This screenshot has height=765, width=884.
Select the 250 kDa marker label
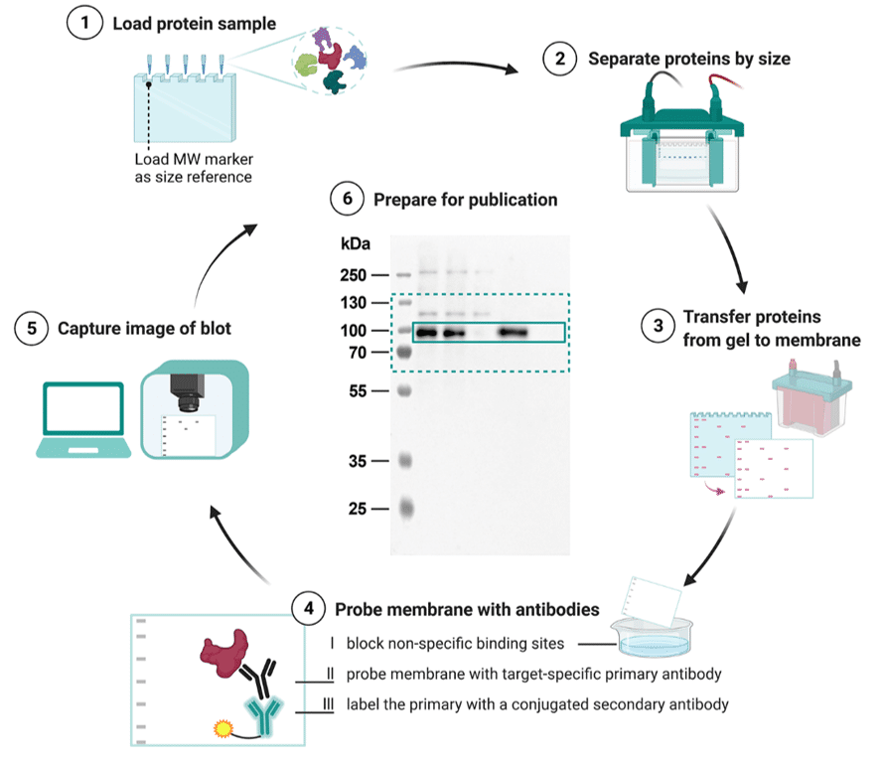click(x=354, y=275)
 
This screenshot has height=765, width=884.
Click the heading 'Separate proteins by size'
click(x=688, y=59)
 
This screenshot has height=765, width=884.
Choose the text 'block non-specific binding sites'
click(x=455, y=644)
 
